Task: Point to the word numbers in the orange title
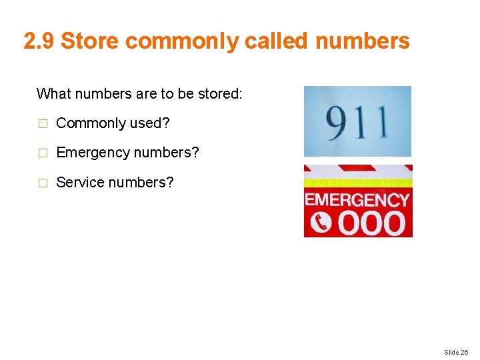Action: (362, 41)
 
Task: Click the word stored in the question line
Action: (219, 93)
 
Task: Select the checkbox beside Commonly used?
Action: (42, 123)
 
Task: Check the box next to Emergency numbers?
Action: (42, 153)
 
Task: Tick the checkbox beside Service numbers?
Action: (42, 182)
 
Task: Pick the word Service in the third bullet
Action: (77, 182)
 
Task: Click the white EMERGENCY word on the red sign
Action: (357, 200)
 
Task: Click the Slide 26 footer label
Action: (456, 351)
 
